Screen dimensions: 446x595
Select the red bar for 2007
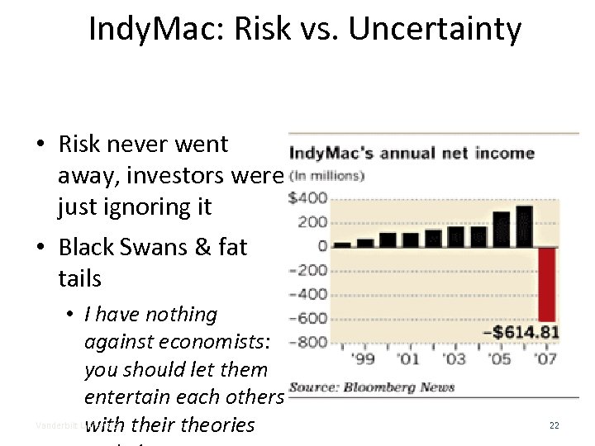pyautogui.click(x=546, y=284)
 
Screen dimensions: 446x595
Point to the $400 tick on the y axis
pyautogui.click(x=307, y=198)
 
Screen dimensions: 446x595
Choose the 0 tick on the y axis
pyautogui.click(x=321, y=246)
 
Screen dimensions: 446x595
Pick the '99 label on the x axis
pyautogui.click(x=364, y=359)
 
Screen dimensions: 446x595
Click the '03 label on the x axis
pyautogui.click(x=454, y=359)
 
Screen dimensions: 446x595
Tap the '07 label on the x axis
pyautogui.click(x=545, y=359)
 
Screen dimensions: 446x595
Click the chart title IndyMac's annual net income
pyautogui.click(x=412, y=154)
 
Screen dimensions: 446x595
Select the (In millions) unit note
pyautogui.click(x=326, y=175)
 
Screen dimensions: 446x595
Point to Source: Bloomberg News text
pyautogui.click(x=371, y=387)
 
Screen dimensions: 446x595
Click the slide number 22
pyautogui.click(x=554, y=425)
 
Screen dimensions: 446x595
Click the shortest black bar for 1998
pyautogui.click(x=342, y=244)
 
